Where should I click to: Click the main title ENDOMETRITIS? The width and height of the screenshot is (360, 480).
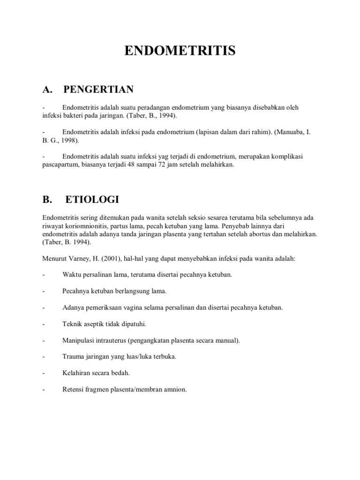coord(180,51)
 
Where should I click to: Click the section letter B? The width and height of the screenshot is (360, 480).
coord(47,200)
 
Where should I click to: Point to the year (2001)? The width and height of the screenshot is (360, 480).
coord(114,259)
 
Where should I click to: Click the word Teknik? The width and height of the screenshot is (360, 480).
coord(72,324)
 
